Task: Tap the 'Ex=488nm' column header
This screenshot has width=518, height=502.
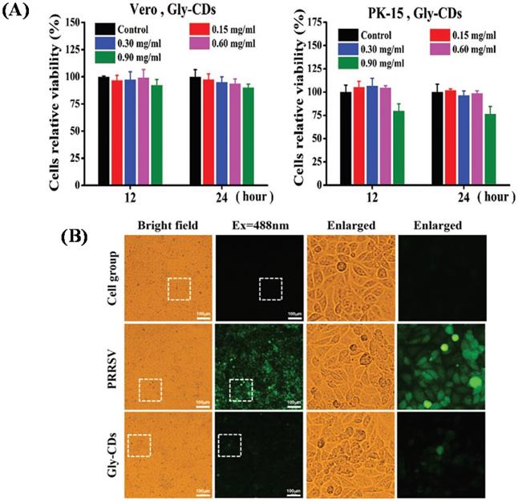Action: point(259,225)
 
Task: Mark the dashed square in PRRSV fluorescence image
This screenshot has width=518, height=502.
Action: point(241,390)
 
